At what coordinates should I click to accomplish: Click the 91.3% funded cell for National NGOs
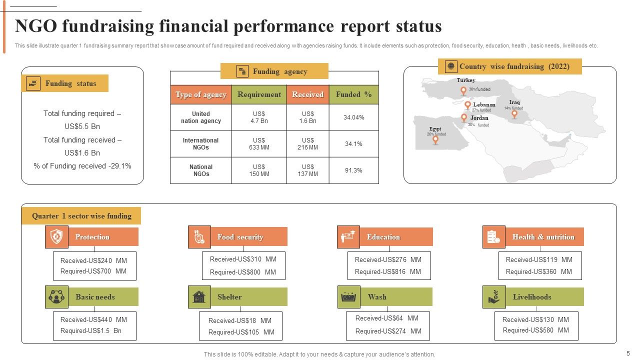[353, 170]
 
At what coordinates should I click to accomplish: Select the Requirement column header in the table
[259, 94]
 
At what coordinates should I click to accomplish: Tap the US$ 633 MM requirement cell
[259, 144]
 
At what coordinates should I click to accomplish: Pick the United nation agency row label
[200, 117]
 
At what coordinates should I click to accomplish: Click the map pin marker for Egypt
[435, 140]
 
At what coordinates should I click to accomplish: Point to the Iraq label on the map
[514, 102]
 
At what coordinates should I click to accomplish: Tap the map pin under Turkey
[463, 91]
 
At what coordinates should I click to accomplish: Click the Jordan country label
[479, 118]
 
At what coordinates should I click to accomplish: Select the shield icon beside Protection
[56, 236]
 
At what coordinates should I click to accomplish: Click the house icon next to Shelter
[199, 296]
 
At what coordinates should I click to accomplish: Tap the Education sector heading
[383, 237]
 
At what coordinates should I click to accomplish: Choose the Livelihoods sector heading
[532, 297]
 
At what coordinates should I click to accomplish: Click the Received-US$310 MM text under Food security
[243, 259]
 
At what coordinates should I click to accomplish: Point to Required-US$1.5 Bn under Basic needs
[91, 330]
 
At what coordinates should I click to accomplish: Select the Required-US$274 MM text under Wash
[388, 331]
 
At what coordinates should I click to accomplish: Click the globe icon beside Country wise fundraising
[451, 66]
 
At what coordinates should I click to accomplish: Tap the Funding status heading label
[71, 83]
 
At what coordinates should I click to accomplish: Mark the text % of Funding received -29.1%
[82, 166]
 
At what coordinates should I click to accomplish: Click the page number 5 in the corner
[628, 353]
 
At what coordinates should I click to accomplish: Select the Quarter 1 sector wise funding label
[81, 216]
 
